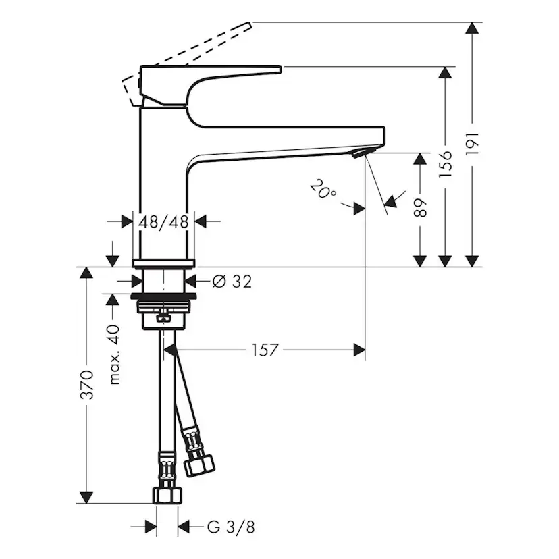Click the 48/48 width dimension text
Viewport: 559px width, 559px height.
pos(163,221)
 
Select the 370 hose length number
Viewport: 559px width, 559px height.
pos(86,385)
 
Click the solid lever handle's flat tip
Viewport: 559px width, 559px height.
pos(273,69)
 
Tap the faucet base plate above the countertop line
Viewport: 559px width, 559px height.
pos(163,263)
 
